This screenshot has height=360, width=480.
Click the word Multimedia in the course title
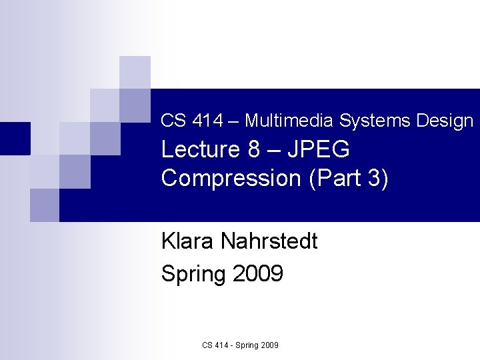pos(290,121)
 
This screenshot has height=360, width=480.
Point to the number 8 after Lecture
pos(253,150)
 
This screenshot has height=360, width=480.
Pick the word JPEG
pos(318,150)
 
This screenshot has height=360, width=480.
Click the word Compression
pos(231,179)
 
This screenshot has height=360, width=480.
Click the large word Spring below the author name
pos(194,274)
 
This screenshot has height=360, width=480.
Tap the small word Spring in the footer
pos(247,345)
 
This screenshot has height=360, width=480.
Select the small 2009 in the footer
pos(270,345)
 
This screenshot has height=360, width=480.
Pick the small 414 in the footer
pos(221,345)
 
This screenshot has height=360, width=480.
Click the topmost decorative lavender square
pos(135,72)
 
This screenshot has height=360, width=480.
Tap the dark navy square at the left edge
pos(15,138)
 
